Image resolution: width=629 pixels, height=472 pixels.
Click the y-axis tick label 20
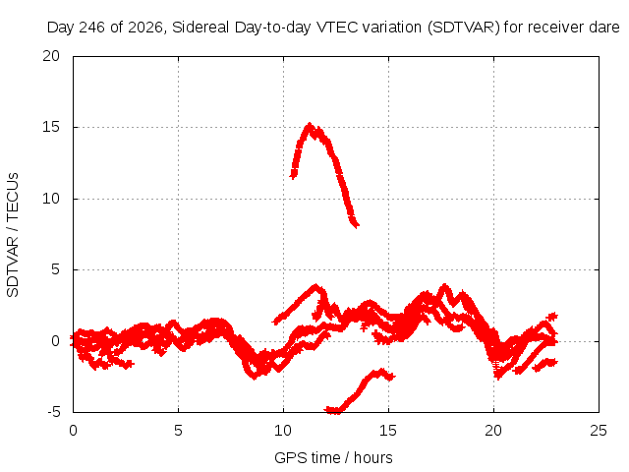pos(51,56)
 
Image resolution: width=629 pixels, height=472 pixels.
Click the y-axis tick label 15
pos(51,127)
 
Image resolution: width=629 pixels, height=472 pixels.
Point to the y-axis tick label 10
pos(51,199)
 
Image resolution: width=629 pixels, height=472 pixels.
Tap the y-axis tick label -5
pos(54,412)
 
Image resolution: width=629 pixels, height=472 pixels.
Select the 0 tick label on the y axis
pos(55,341)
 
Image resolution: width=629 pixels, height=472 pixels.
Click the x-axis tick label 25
pos(599,431)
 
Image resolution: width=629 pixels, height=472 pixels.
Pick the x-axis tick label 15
pos(388,431)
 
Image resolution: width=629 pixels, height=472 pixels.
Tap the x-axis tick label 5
pos(178,431)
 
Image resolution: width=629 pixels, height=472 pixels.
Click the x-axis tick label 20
pos(493,431)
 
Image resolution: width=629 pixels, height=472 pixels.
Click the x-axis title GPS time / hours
pos(333,457)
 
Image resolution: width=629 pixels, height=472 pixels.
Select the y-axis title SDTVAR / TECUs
pos(13,235)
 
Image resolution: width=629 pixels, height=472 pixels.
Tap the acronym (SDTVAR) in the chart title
pos(463,28)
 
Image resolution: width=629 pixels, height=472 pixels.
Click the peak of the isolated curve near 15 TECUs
pos(310,125)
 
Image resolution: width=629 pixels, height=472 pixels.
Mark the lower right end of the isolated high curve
pos(357,225)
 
